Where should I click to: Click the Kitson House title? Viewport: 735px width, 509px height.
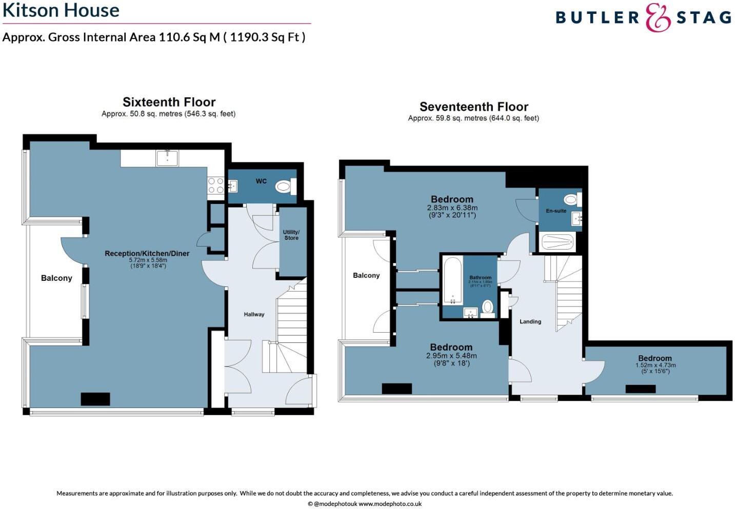coord(61,10)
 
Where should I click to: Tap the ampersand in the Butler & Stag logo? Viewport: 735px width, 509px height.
coord(658,17)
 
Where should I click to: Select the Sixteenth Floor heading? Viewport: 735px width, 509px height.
coord(169,102)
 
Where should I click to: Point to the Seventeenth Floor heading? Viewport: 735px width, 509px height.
coord(473,107)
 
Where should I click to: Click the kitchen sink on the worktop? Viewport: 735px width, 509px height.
coord(167,158)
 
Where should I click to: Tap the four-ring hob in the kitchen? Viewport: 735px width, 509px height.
coord(215,185)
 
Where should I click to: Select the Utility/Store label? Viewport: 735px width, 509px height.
coord(291,235)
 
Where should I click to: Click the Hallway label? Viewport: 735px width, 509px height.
coord(254,314)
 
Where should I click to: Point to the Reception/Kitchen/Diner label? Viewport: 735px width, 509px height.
coord(147,253)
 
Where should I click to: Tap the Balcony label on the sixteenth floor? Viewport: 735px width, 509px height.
coord(56,278)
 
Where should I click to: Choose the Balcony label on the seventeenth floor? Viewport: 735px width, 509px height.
coord(366,275)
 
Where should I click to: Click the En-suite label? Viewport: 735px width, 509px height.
coord(556,211)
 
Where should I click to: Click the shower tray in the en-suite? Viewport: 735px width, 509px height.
coord(557,241)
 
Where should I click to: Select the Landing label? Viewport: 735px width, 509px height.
coord(530,321)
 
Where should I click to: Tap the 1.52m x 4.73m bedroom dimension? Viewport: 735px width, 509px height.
coord(655,365)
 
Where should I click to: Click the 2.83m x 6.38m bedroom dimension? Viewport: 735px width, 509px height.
coord(452,208)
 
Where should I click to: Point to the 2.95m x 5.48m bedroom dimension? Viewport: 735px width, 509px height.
coord(451,356)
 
